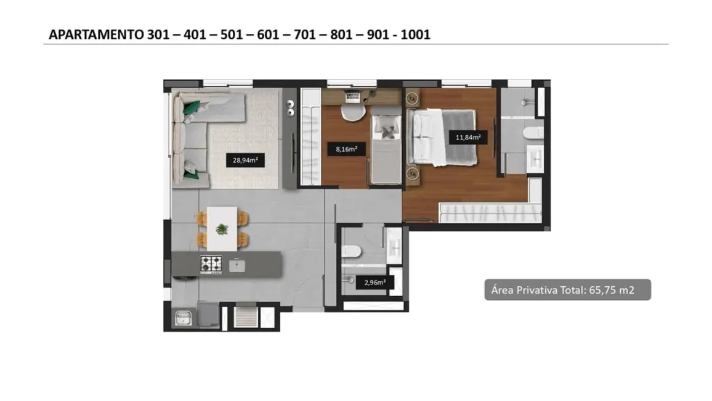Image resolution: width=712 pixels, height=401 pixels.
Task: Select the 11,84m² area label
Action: [468, 138]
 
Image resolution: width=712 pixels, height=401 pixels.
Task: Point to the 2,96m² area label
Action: [375, 283]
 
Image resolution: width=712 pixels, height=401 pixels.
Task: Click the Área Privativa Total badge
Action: [567, 289]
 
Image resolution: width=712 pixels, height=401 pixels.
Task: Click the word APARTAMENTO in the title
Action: [96, 35]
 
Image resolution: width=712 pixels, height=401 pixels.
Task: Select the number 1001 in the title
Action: [415, 35]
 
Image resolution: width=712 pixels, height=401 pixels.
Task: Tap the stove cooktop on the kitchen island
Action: [211, 264]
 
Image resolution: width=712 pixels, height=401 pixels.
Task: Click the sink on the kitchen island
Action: [237, 265]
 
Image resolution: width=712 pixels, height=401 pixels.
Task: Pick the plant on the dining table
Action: [221, 229]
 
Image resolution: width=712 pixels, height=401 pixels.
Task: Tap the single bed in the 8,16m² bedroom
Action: [386, 148]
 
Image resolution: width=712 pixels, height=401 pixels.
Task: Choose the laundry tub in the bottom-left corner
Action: [182, 318]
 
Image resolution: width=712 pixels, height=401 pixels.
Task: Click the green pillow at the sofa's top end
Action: [192, 107]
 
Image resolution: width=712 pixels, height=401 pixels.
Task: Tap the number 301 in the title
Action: [158, 35]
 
